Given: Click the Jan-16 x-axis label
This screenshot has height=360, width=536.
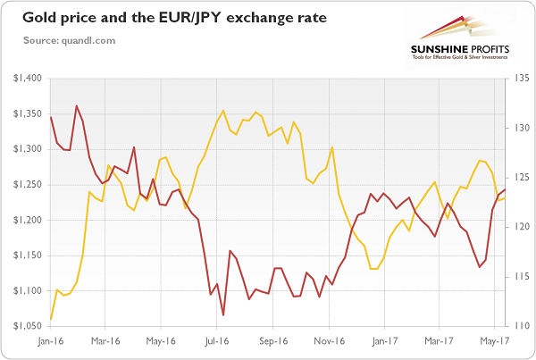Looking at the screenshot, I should (51, 340).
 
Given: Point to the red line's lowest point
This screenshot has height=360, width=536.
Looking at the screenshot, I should (222, 314).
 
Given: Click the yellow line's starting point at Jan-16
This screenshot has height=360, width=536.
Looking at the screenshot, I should (51, 319).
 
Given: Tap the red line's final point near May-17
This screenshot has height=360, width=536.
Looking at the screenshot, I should (507, 188).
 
